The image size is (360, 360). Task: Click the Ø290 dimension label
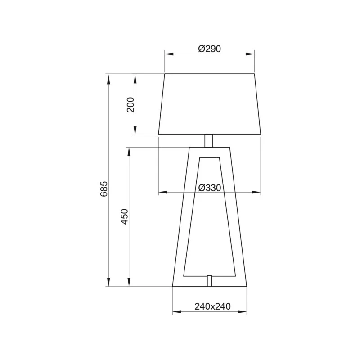pyautogui.click(x=209, y=49)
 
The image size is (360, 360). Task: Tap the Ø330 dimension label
pyautogui.click(x=210, y=188)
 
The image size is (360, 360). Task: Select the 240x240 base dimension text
pyautogui.click(x=212, y=306)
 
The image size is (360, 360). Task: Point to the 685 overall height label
pyautogui.click(x=104, y=189)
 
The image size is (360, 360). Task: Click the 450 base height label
pyautogui.click(x=124, y=216)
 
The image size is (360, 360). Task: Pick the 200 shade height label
pyautogui.click(x=130, y=105)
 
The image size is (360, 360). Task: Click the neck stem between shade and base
pyautogui.click(x=209, y=140)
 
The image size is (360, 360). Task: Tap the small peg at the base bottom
pyautogui.click(x=209, y=280)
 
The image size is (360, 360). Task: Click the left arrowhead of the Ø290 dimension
pyautogui.click(x=169, y=54)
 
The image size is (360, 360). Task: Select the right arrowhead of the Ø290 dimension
pyautogui.click(x=250, y=54)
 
